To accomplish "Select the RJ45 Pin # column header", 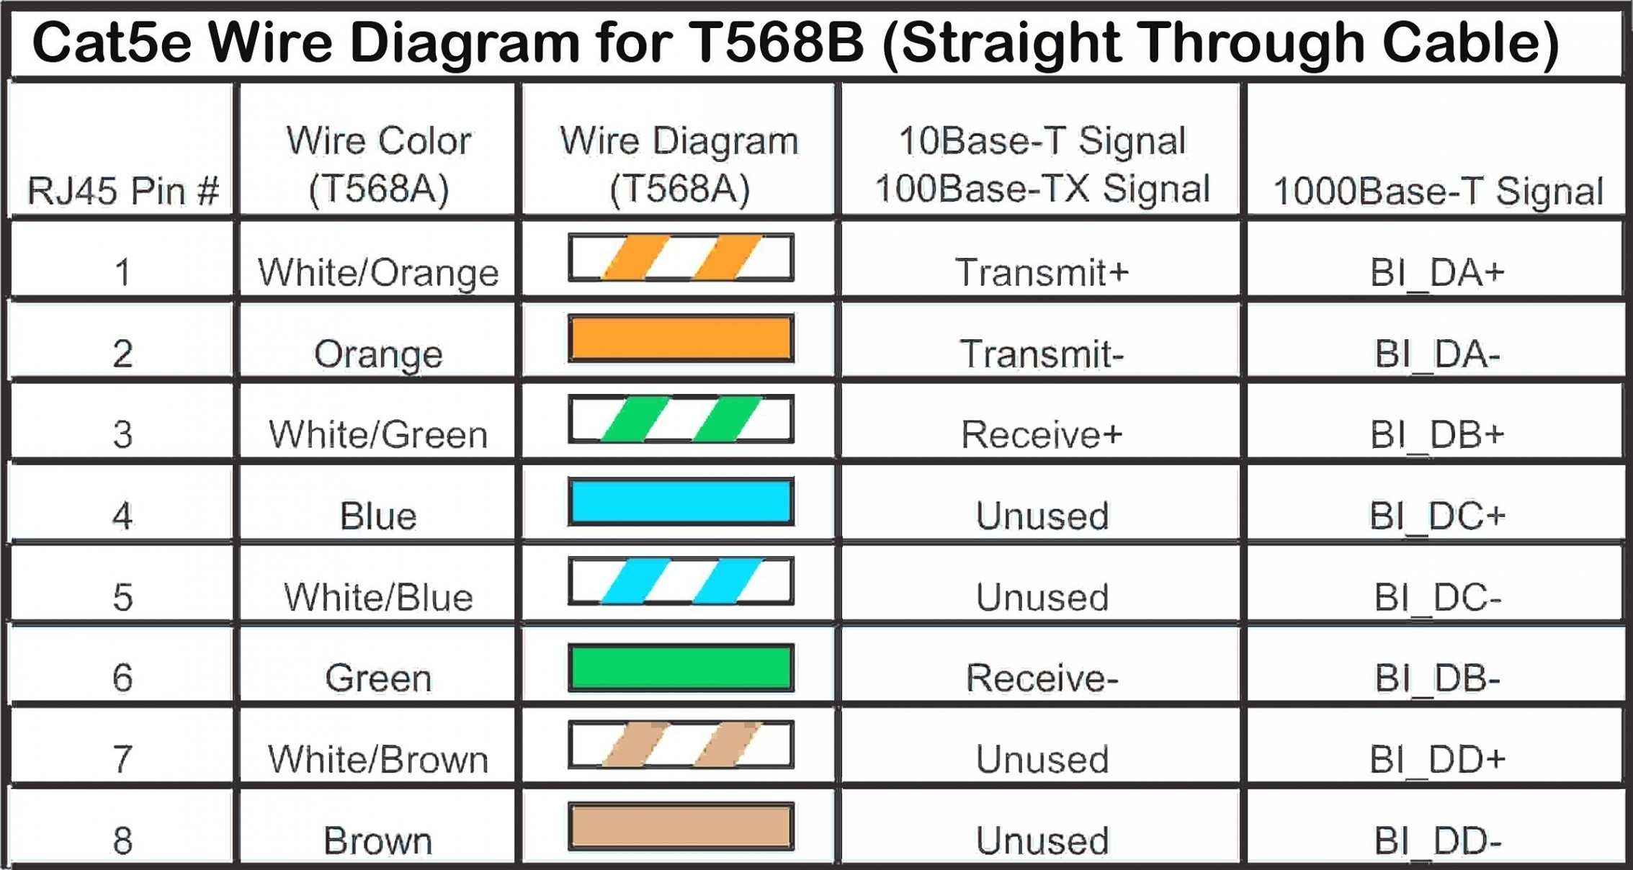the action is (122, 191).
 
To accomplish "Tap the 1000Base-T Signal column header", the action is (1438, 191).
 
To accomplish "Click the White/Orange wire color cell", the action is (378, 272).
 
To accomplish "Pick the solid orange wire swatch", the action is (681, 338).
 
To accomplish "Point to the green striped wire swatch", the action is (681, 418).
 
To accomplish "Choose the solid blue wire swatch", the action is (681, 501).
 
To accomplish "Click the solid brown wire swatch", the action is (681, 827).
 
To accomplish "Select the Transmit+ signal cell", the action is (1042, 272).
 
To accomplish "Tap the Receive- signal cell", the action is (1042, 678).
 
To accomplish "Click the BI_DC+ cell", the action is (1438, 516).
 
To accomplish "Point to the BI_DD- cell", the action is (1438, 840).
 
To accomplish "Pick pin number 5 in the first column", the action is (122, 597).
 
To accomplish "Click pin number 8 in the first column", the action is (122, 840).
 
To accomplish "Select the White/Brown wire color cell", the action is (378, 759).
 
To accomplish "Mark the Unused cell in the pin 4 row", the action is (1042, 516).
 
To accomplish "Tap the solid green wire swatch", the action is (681, 668).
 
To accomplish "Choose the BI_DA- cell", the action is (1438, 354).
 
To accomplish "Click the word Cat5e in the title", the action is (112, 41).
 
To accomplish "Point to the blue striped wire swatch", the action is (681, 580).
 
